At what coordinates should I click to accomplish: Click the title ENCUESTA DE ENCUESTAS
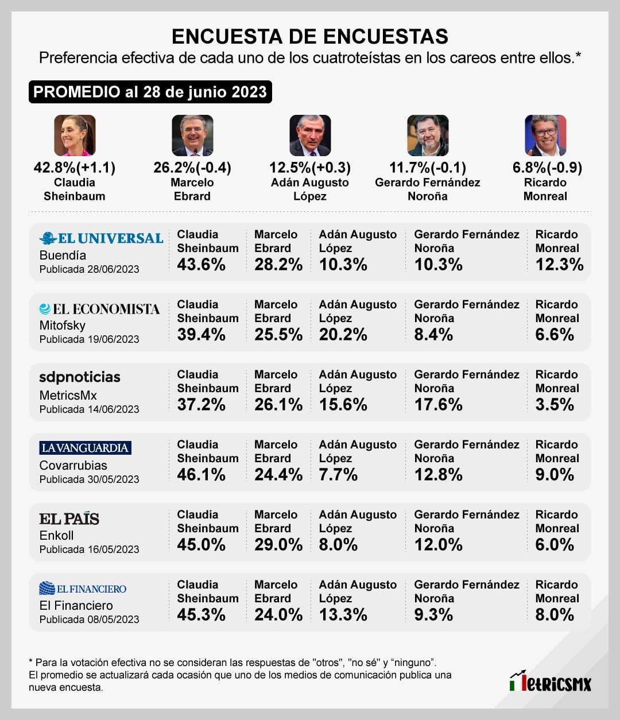coord(310,36)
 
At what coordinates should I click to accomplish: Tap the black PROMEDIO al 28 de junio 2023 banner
coord(150,92)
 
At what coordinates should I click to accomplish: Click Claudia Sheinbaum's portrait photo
coord(75,136)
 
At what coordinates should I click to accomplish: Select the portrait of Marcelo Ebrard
coord(192,136)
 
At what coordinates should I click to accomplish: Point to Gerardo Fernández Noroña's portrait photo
coord(428,136)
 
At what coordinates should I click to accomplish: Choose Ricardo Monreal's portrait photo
coord(545,136)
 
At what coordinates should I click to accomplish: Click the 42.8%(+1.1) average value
coord(75,168)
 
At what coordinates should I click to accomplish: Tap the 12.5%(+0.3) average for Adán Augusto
coord(310,168)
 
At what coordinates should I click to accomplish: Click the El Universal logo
coord(102,238)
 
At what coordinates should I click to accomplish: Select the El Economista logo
coord(100,309)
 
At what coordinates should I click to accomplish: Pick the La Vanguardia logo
coord(86,448)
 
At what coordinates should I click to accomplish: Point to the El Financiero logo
coord(83,589)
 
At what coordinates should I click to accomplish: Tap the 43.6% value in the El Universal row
coord(201,265)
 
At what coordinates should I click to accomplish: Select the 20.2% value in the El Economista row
coord(343,335)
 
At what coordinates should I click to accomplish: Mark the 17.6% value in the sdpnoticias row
coord(438,405)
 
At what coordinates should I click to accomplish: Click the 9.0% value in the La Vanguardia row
coord(555,475)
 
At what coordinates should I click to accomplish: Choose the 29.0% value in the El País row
coord(278,545)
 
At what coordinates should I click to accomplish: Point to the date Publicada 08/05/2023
coord(90,620)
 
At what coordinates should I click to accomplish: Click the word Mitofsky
coord(63,326)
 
